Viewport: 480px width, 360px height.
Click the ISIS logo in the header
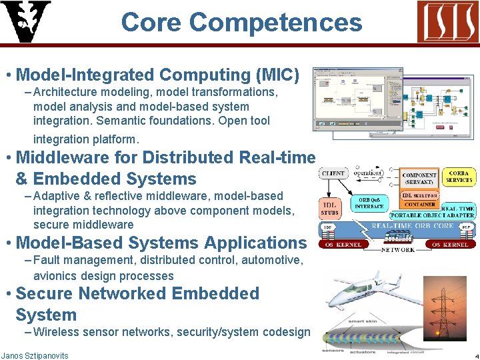coord(447,21)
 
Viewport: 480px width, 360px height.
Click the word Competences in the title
coord(275,23)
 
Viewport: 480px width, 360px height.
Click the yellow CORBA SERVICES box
coord(459,176)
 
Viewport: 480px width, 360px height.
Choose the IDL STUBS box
coord(330,207)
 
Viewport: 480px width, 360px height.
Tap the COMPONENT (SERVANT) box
coord(419,177)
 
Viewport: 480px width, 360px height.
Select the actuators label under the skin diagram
coord(364,351)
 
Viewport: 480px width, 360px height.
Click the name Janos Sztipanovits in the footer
coord(35,355)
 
